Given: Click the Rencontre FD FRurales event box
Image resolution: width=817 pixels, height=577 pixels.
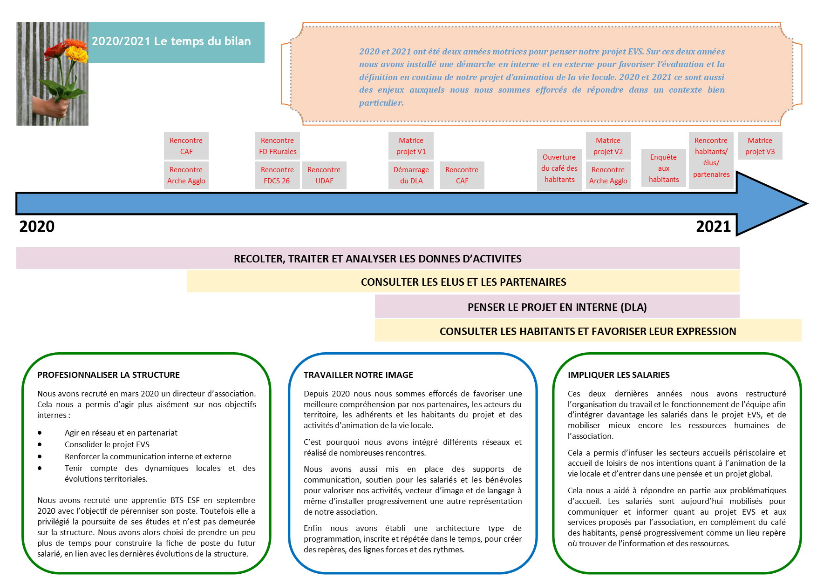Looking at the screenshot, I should [x=278, y=146].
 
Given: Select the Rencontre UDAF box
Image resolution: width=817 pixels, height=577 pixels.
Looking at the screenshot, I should [x=324, y=175].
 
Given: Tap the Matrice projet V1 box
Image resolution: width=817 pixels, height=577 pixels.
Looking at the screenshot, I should [x=411, y=146].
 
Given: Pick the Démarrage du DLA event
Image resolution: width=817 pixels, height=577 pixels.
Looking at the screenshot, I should [x=411, y=175].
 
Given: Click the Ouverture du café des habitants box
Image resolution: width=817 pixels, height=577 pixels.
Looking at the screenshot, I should [x=559, y=168].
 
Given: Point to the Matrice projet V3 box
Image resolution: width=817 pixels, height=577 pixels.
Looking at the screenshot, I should [x=760, y=146].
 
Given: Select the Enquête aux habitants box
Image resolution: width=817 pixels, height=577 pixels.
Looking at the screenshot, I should [x=663, y=168].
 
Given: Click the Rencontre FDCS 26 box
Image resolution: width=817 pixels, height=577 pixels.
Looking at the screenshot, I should [x=277, y=175].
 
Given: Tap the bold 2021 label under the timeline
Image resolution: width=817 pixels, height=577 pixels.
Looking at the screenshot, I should [x=713, y=227].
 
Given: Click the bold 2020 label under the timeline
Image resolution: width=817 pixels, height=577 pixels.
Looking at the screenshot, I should [x=37, y=227].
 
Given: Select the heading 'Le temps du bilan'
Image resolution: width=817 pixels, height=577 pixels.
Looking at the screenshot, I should [x=171, y=41].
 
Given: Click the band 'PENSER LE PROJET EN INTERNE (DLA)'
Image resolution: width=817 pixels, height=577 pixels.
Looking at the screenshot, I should [x=557, y=307].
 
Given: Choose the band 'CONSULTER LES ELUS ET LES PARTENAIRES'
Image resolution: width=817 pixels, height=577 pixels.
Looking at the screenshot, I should [x=463, y=282].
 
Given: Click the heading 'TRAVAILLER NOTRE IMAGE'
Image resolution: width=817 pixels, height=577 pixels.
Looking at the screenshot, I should [x=358, y=375].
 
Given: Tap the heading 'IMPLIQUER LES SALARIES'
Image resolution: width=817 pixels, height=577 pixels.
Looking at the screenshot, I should [x=619, y=375].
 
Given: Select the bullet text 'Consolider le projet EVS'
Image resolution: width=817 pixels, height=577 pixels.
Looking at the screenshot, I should [x=107, y=444].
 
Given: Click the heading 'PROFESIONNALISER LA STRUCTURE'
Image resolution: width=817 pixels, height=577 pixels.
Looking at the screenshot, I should [x=109, y=375].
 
